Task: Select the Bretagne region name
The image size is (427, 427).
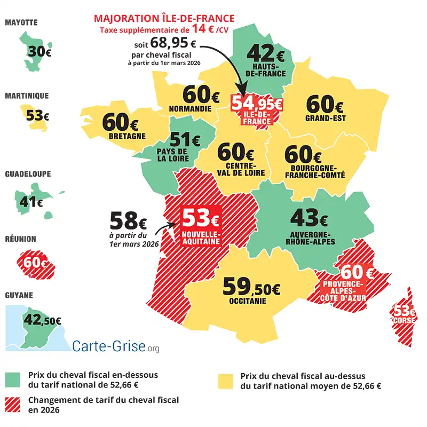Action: [127, 136]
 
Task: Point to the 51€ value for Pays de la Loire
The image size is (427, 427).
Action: [184, 140]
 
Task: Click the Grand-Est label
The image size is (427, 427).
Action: [325, 118]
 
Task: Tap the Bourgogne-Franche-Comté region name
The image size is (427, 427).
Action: [315, 171]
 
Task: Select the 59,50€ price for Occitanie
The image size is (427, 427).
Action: [251, 288]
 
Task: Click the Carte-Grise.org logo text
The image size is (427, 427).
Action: [115, 346]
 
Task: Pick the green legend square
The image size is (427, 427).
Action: [12, 379]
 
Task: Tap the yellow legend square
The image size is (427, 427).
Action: [227, 381]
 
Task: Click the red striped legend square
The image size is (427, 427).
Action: [12, 404]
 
